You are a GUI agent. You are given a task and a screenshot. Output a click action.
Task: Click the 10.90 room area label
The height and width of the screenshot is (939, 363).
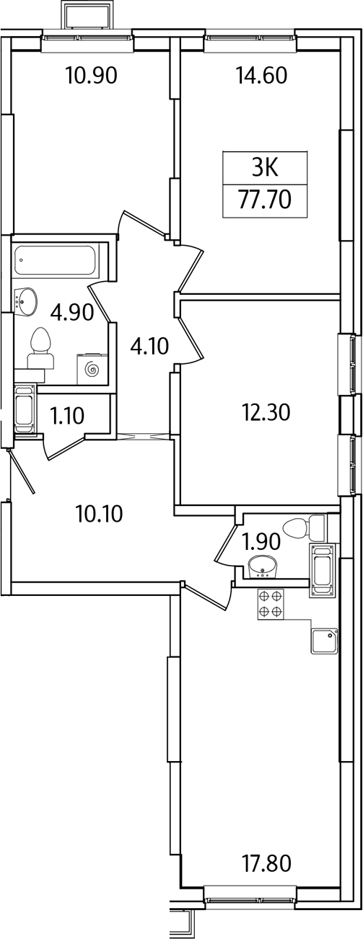[91, 76]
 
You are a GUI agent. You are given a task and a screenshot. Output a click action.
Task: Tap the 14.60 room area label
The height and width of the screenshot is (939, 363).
[262, 76]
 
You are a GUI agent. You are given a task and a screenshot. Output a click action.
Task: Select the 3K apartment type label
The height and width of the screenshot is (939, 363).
[265, 169]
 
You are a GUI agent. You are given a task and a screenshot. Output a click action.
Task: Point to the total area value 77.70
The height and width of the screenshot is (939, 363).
[265, 200]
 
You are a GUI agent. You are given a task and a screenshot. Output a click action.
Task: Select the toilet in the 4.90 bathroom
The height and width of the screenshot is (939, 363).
[40, 348]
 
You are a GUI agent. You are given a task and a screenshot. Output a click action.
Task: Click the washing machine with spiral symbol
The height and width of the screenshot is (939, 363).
[92, 369]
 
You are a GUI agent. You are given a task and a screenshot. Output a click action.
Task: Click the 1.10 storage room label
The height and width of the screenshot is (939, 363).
[66, 416]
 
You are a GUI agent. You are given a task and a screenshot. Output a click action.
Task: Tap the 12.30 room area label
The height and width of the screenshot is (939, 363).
[266, 413]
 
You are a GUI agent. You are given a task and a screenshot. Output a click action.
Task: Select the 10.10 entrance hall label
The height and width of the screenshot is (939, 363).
[100, 514]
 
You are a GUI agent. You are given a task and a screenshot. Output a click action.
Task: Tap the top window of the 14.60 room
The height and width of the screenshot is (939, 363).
[250, 37]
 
